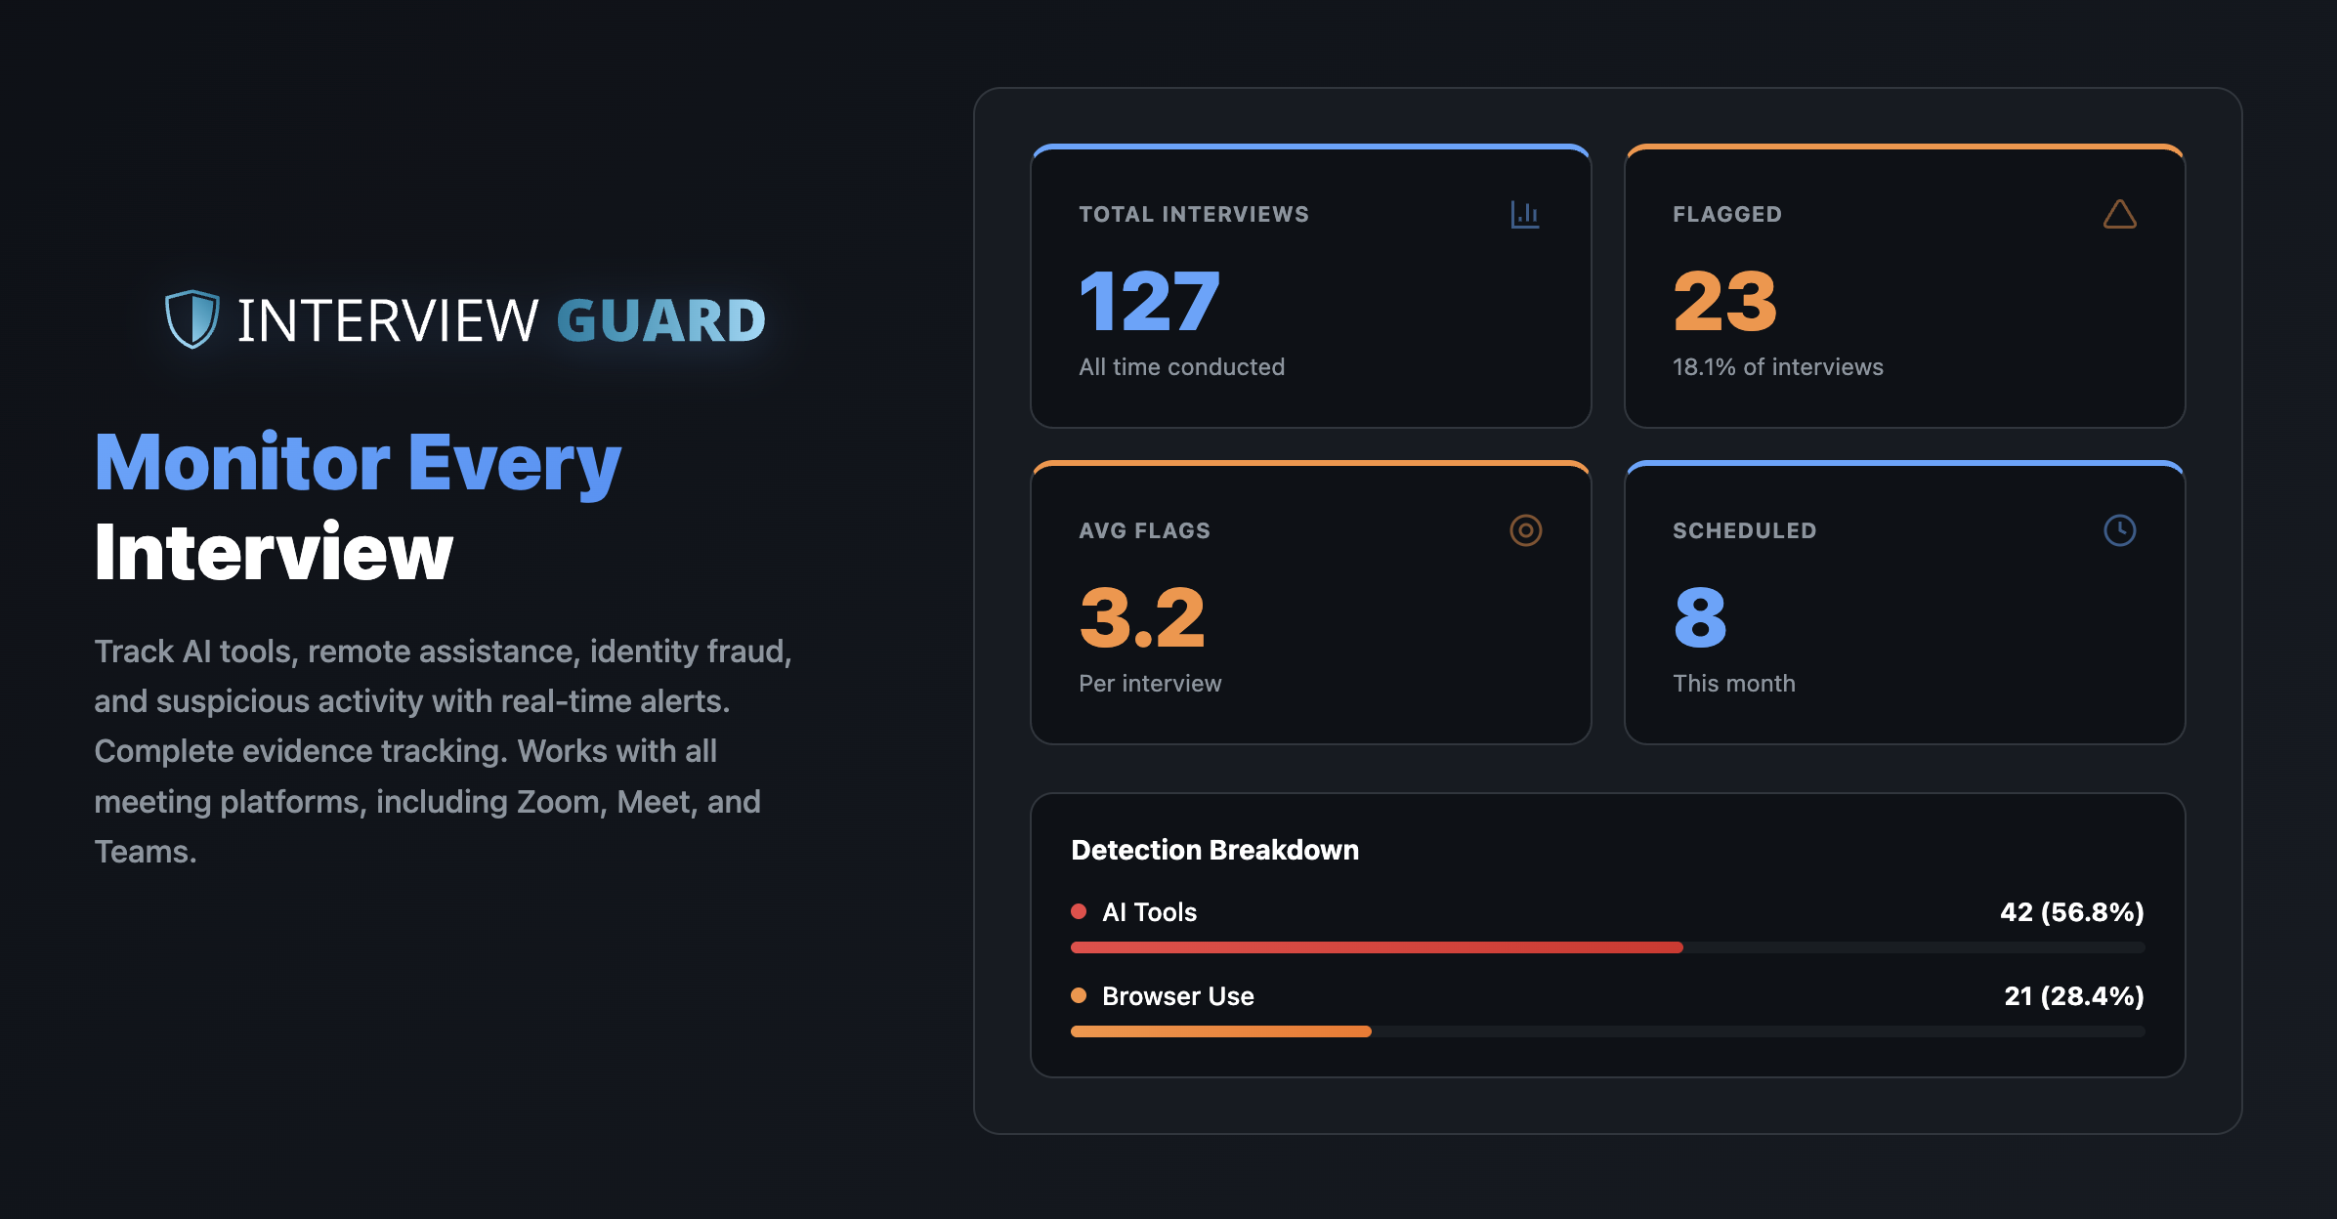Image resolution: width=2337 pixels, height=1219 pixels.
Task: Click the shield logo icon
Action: coord(191,319)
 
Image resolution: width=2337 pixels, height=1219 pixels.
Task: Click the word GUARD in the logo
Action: coord(660,321)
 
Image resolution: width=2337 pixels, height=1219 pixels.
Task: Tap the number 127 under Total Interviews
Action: coord(1149,302)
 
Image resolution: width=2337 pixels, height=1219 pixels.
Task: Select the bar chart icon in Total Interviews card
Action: coord(1524,214)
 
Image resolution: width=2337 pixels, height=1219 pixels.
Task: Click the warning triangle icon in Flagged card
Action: coord(2119,215)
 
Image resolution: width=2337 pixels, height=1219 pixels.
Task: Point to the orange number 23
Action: coord(1724,302)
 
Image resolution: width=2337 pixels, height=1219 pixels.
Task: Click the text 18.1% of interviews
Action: coord(1777,367)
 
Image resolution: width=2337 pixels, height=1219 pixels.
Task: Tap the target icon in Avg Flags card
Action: coord(1525,530)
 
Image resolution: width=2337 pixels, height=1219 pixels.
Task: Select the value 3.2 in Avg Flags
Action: coord(1142,618)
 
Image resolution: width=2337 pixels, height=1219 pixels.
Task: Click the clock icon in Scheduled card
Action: coord(2119,530)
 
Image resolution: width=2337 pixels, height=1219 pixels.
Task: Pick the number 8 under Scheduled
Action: coord(1700,618)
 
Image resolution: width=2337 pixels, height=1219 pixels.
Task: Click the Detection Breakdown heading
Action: coord(1214,850)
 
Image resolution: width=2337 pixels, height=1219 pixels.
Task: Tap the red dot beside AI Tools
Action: coord(1079,911)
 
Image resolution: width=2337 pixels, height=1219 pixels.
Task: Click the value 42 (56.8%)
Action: coord(2071,912)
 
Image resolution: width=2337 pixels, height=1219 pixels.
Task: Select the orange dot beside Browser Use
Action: coord(1079,995)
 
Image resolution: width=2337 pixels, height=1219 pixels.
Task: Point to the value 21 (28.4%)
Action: coord(2073,996)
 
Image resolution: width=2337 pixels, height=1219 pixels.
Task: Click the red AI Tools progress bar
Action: coord(1376,947)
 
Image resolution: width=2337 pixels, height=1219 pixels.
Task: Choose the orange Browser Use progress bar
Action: coord(1220,1031)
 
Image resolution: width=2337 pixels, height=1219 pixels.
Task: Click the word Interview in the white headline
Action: coord(274,553)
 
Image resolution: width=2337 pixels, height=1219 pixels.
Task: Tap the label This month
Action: coord(1733,684)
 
